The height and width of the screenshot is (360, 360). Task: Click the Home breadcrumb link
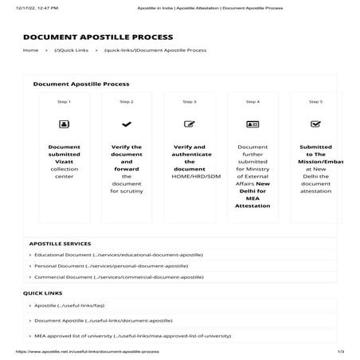(x=30, y=50)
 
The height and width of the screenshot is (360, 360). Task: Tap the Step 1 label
(x=64, y=102)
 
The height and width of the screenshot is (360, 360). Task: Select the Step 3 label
(x=189, y=102)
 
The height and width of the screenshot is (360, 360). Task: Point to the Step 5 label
(x=315, y=102)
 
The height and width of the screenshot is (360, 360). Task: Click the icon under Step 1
(x=64, y=124)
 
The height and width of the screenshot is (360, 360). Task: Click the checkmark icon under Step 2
(x=126, y=124)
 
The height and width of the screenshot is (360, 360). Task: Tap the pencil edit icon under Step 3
(x=189, y=124)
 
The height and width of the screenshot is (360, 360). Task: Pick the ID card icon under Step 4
(x=252, y=124)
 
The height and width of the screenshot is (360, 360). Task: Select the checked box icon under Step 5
(x=315, y=124)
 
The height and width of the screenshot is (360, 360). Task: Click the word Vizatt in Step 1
(x=64, y=162)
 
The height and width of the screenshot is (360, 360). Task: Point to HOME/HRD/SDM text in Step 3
(x=190, y=176)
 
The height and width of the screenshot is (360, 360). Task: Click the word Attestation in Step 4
(x=252, y=205)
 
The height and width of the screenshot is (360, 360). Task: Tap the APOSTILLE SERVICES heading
(x=60, y=244)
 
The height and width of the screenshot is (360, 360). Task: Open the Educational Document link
(x=118, y=255)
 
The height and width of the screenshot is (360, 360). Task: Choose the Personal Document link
(x=111, y=266)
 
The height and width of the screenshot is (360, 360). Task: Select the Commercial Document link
(x=118, y=277)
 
